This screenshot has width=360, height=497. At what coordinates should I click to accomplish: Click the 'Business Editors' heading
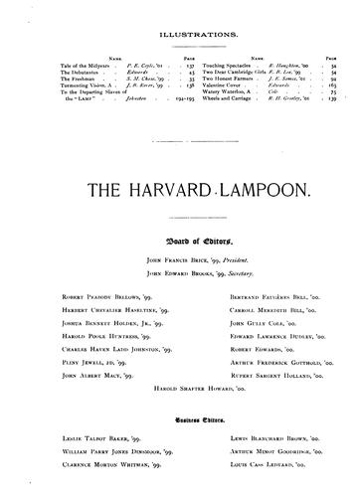click(179, 418)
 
